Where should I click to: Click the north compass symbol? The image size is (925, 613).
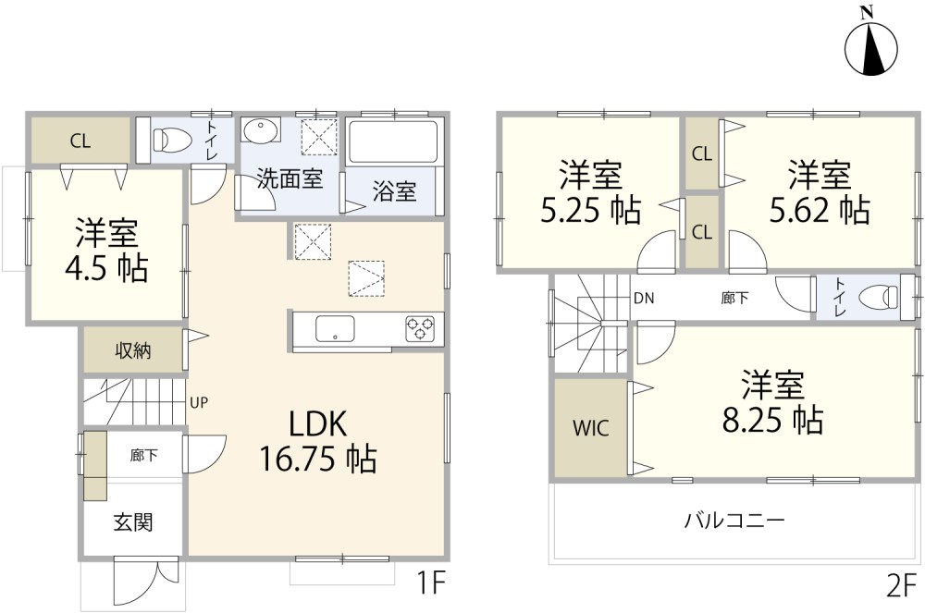[871, 44]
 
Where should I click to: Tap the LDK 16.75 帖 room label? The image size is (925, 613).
[317, 441]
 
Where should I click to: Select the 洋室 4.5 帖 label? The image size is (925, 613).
[106, 251]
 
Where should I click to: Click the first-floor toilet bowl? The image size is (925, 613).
[172, 140]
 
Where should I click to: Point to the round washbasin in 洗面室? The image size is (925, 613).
[260, 130]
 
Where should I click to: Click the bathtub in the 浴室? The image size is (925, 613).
[393, 142]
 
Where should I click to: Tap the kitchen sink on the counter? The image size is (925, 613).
[335, 328]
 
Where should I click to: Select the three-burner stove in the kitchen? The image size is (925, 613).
[420, 328]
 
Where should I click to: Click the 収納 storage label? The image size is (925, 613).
[132, 350]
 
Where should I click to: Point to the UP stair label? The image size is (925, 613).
[199, 402]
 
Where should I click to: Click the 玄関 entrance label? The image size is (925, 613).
[133, 521]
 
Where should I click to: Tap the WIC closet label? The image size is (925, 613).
[590, 428]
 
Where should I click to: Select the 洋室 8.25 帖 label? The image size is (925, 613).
[772, 402]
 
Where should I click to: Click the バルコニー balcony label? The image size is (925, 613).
[734, 521]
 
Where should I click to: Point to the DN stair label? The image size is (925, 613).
[644, 299]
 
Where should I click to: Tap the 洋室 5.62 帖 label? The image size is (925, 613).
[820, 192]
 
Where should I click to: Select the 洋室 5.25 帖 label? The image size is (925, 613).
[590, 192]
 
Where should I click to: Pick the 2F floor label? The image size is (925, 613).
[902, 586]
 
